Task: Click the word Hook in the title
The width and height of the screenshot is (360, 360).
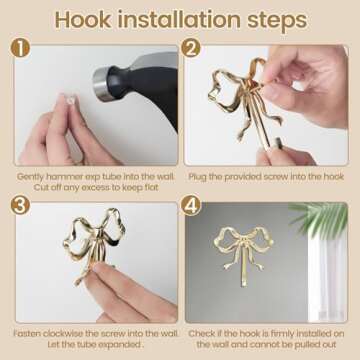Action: click(x=86, y=20)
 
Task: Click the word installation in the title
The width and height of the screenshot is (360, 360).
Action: click(x=180, y=20)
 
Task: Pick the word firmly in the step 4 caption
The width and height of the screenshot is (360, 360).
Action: click(x=279, y=332)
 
